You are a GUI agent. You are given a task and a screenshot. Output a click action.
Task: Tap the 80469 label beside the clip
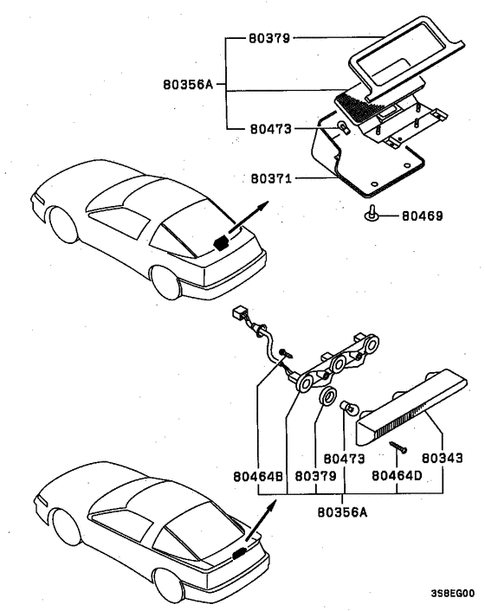422,213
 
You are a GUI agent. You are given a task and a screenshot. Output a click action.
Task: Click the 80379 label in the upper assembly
269,39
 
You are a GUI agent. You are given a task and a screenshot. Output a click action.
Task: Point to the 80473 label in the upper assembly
269,129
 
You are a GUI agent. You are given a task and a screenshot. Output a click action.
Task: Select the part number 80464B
259,475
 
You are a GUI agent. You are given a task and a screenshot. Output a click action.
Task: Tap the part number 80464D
396,475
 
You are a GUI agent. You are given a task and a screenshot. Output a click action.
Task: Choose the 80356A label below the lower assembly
343,511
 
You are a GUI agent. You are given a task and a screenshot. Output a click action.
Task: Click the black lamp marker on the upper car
222,241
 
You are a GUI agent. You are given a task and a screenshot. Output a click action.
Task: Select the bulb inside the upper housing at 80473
344,129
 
